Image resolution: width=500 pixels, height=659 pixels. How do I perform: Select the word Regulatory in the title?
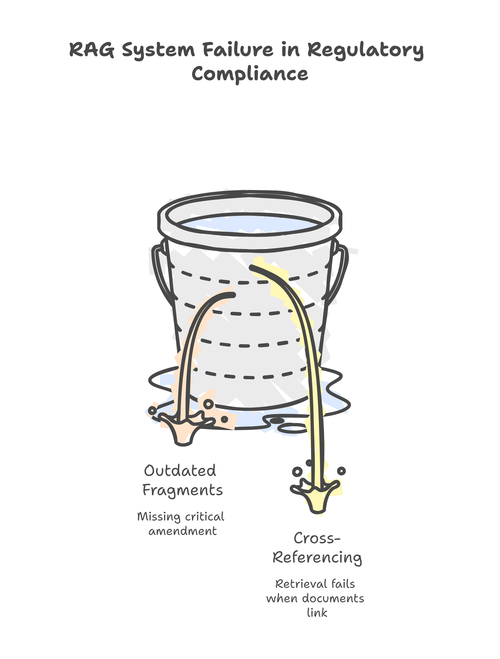tap(365, 51)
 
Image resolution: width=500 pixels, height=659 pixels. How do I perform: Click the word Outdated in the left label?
tap(180, 471)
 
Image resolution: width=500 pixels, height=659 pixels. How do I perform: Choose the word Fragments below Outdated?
tap(182, 490)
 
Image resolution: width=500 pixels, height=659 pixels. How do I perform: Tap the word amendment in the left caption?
tap(182, 531)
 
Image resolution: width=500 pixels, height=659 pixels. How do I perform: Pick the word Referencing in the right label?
tap(317, 558)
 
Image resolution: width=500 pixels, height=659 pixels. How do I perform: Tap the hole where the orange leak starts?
tap(232, 295)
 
